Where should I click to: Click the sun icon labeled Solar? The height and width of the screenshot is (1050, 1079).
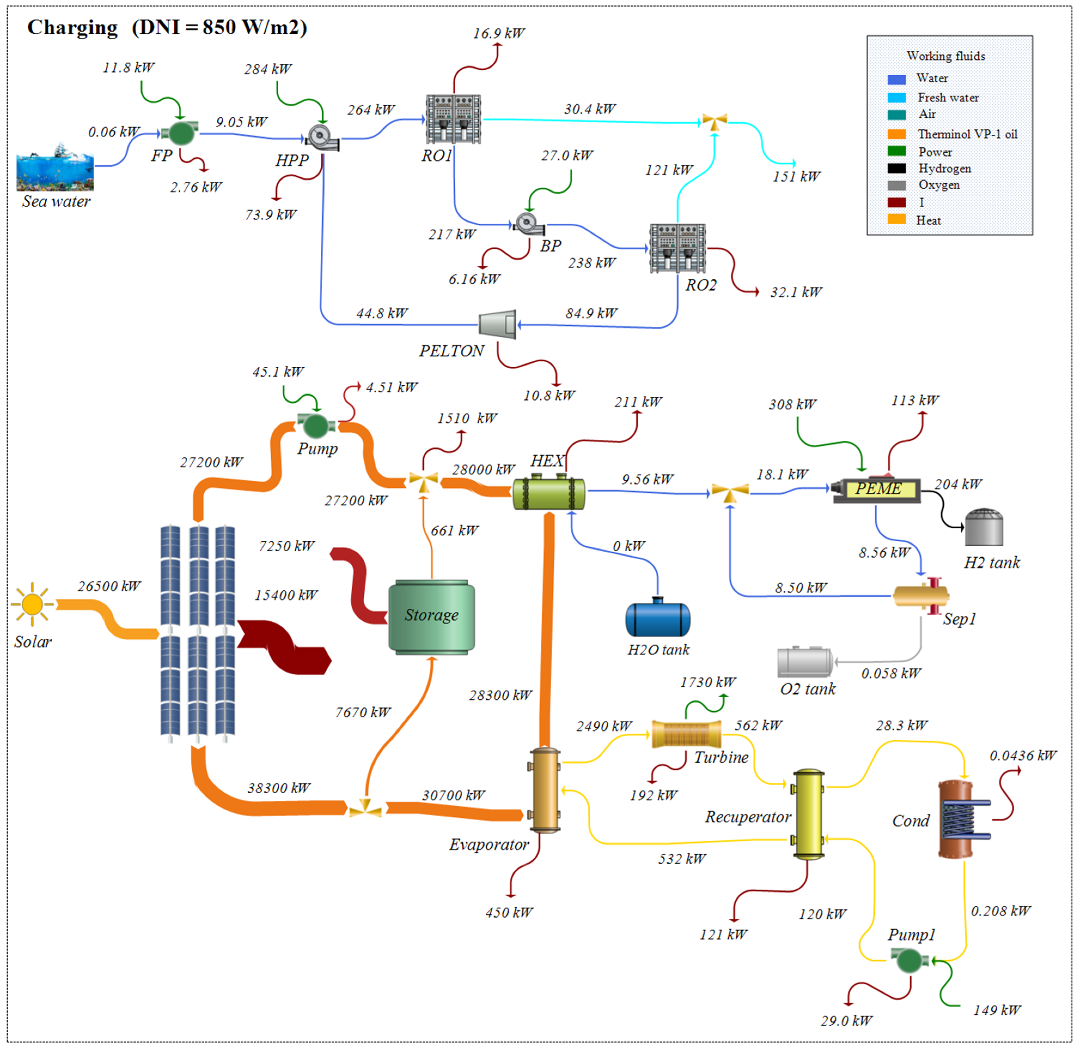tap(32, 604)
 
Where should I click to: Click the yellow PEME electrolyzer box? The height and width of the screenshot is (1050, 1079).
tap(877, 488)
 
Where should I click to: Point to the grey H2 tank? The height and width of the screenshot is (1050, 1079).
tap(984, 528)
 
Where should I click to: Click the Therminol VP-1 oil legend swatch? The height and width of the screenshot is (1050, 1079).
tap(897, 134)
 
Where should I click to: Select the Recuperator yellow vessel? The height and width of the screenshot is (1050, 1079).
tap(808, 815)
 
